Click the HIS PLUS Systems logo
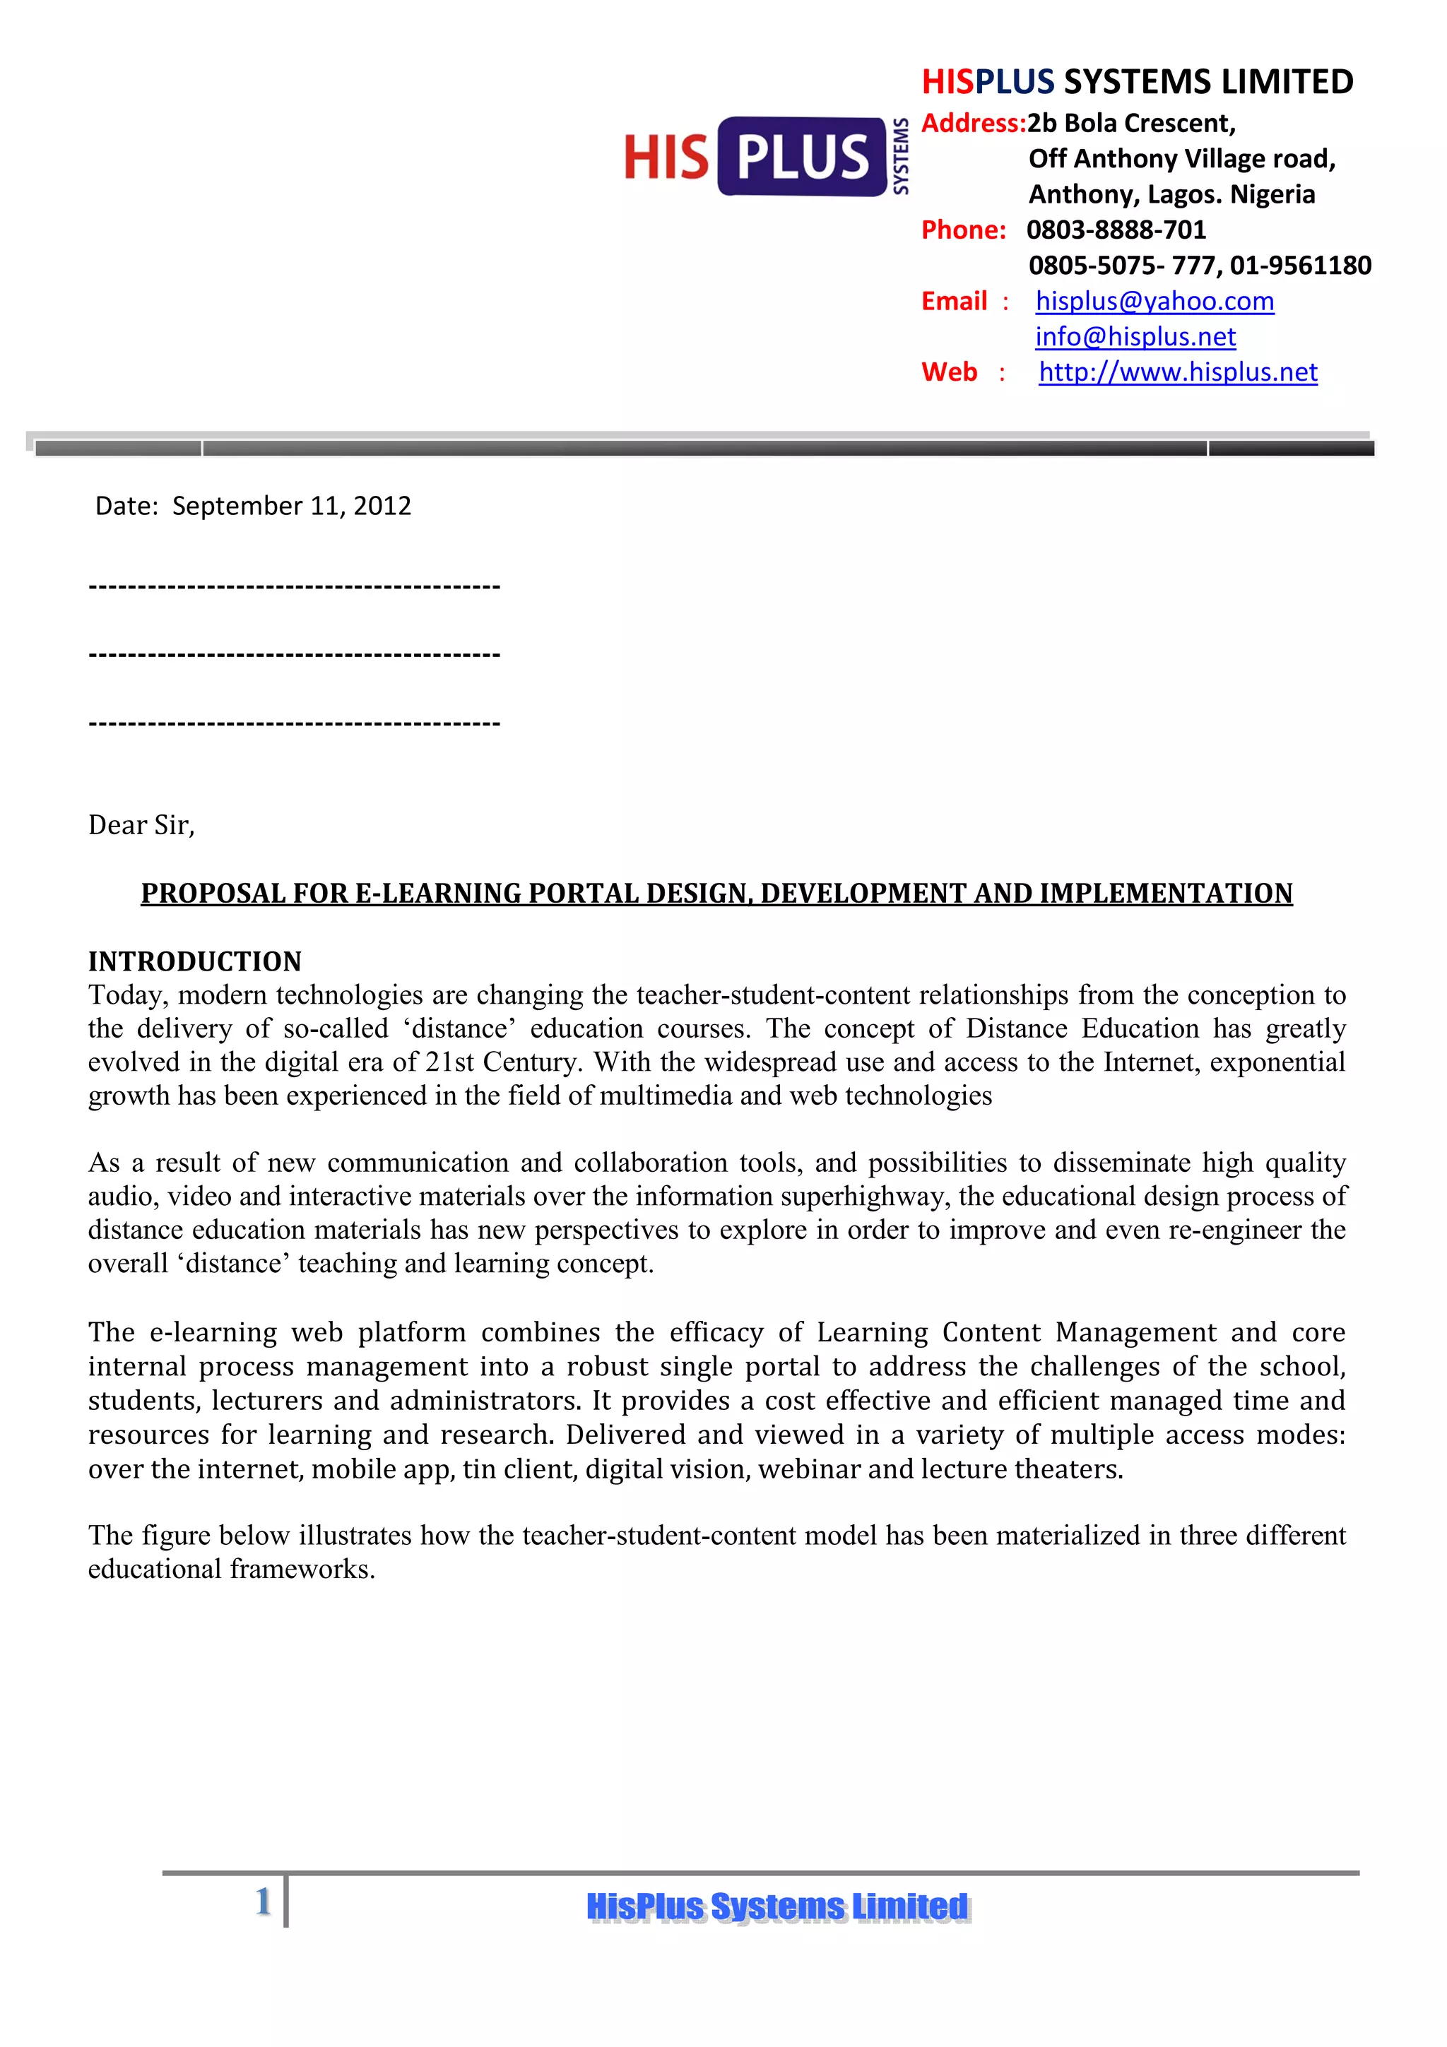click(x=765, y=157)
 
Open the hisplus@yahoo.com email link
click(x=1154, y=302)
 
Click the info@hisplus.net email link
click(x=1135, y=337)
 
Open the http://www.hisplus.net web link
click(x=1177, y=373)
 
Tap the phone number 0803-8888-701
click(x=1116, y=230)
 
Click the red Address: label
click(x=973, y=123)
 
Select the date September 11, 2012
click(x=292, y=506)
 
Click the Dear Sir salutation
click(x=141, y=826)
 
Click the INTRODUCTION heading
click(x=194, y=962)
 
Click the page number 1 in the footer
click(x=263, y=1901)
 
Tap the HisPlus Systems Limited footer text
click(x=776, y=1907)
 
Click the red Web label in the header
click(x=949, y=373)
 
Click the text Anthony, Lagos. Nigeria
click(x=1171, y=194)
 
